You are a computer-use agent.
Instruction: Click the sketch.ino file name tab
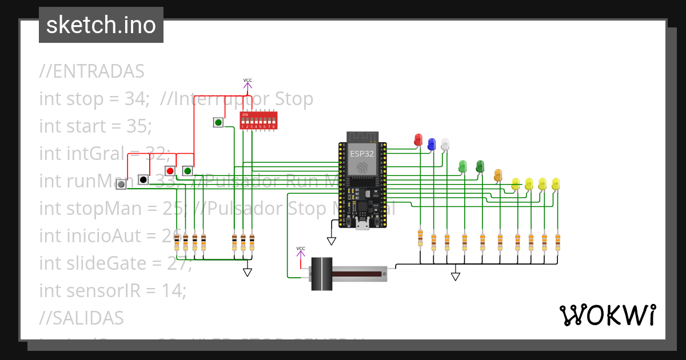(x=101, y=25)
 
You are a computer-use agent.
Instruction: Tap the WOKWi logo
(x=607, y=315)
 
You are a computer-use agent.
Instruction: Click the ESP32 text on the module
(x=362, y=154)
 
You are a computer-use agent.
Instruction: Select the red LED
(x=418, y=139)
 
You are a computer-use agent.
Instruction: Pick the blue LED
(x=432, y=143)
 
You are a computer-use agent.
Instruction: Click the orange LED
(x=498, y=175)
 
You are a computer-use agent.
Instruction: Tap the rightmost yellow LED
(x=556, y=183)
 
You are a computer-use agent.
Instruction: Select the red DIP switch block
(x=258, y=121)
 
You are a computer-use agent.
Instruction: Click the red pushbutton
(x=170, y=171)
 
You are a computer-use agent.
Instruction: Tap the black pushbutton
(x=143, y=179)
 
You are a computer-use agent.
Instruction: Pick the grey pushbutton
(x=121, y=185)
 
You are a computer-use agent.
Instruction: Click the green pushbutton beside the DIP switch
(x=218, y=122)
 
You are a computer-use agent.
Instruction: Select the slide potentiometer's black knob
(x=321, y=274)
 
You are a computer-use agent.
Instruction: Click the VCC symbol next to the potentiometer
(x=301, y=251)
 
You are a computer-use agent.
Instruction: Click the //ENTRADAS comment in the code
(x=91, y=72)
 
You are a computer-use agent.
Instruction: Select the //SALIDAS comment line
(x=81, y=318)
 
